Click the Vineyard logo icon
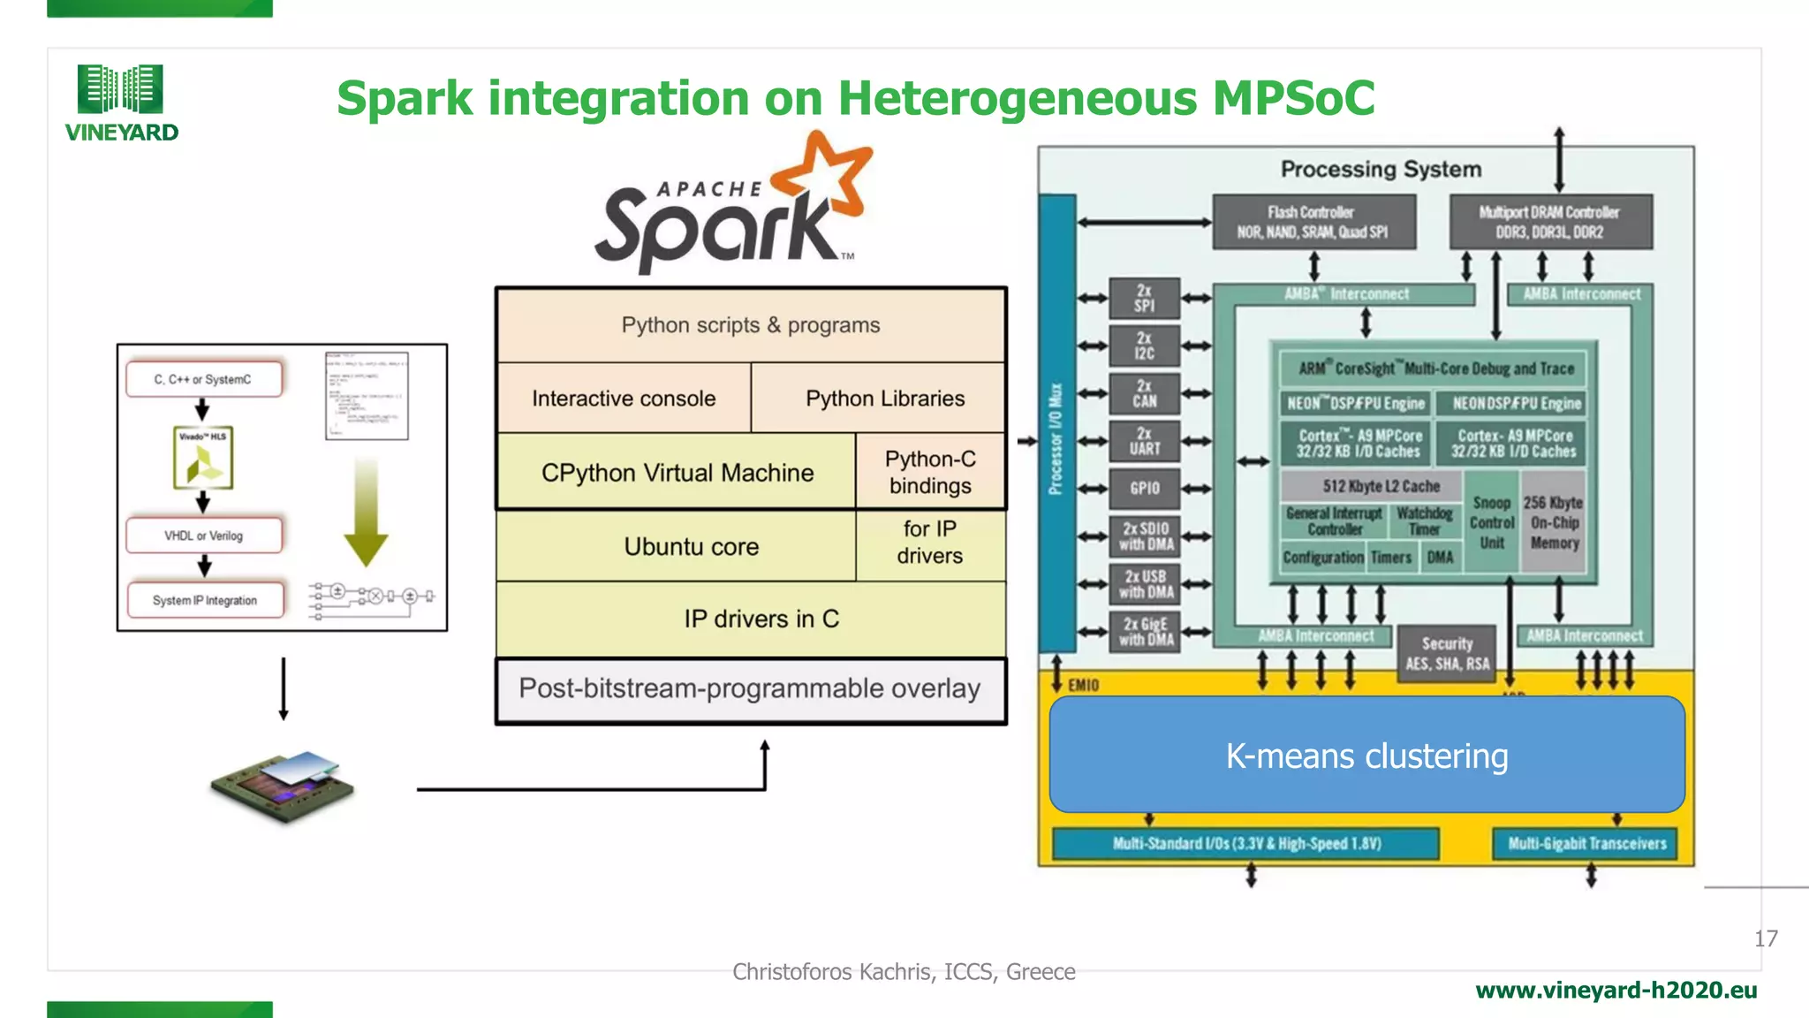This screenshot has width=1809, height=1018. [120, 88]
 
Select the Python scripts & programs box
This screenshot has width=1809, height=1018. [751, 325]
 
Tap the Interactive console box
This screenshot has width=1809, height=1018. [624, 399]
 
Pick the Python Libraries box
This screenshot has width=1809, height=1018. [884, 399]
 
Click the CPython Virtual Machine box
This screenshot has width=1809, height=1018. [677, 473]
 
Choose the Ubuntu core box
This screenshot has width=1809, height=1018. [691, 547]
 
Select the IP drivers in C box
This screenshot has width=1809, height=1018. [761, 619]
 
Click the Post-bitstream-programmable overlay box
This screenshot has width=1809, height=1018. [750, 689]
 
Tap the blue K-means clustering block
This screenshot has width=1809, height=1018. [1366, 756]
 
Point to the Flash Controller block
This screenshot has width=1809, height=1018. [1313, 222]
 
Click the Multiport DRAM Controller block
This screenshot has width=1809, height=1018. [1549, 222]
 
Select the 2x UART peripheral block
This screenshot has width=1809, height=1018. [1145, 441]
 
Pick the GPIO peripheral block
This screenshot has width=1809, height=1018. [1145, 489]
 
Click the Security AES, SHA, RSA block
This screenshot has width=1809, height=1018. [1447, 654]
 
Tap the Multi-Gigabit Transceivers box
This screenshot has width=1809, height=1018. [1586, 844]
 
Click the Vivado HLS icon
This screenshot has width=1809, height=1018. [203, 458]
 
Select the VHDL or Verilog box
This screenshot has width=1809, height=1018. [203, 536]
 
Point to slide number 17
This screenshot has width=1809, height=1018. [1766, 938]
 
